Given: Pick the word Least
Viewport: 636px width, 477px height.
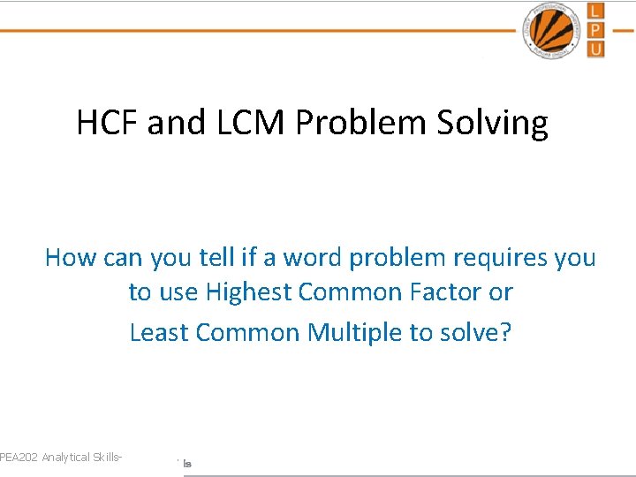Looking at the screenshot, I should coord(160,332).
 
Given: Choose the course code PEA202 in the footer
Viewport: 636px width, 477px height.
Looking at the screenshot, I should coord(19,457).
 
